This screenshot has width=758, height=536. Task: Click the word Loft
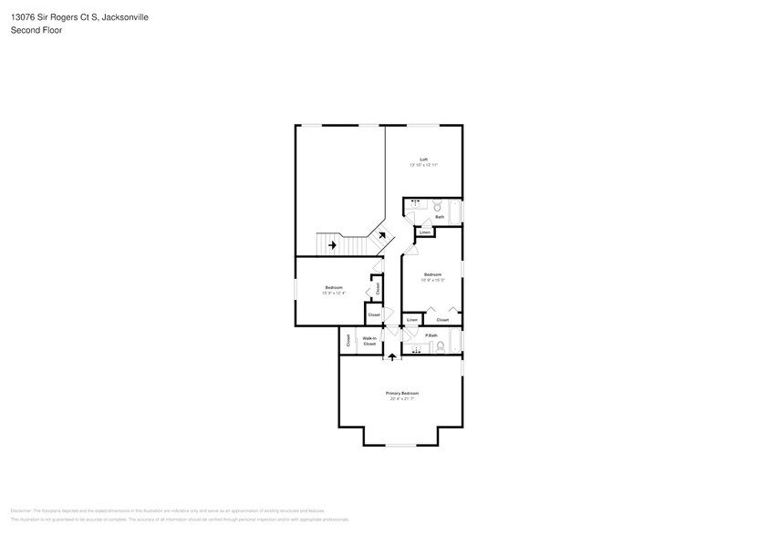pyautogui.click(x=423, y=160)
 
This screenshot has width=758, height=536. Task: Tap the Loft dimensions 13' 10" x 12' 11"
pyautogui.click(x=423, y=165)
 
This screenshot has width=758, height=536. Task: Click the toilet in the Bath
pyautogui.click(x=437, y=206)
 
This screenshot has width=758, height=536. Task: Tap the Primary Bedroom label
pyautogui.click(x=402, y=393)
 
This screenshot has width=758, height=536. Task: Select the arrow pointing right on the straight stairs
pyautogui.click(x=332, y=244)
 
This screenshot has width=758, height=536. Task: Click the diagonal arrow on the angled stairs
pyautogui.click(x=380, y=236)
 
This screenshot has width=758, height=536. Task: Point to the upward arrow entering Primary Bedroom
pyautogui.click(x=392, y=356)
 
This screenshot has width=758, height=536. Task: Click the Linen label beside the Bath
pyautogui.click(x=425, y=233)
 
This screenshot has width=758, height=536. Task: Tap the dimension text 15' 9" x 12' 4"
pyautogui.click(x=333, y=294)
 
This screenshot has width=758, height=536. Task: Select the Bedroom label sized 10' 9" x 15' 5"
pyautogui.click(x=432, y=274)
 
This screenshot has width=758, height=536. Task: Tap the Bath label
pyautogui.click(x=440, y=217)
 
